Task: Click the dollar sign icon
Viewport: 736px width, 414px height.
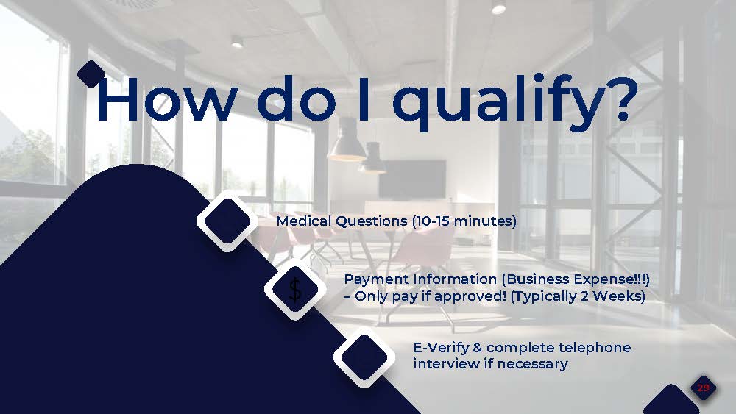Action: [295, 290]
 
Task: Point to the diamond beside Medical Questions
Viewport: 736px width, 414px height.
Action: [227, 221]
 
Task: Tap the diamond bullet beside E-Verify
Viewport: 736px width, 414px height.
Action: [364, 357]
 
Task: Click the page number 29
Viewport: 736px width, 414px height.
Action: [703, 388]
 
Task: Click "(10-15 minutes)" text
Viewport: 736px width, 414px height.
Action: [464, 221]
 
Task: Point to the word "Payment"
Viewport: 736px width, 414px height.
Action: [376, 279]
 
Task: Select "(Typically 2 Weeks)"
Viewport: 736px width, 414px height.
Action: [577, 296]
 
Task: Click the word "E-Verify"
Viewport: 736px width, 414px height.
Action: [441, 348]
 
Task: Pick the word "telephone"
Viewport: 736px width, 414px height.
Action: [594, 348]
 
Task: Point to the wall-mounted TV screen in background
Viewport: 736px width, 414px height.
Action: [411, 178]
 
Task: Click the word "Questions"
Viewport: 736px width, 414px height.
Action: [371, 221]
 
